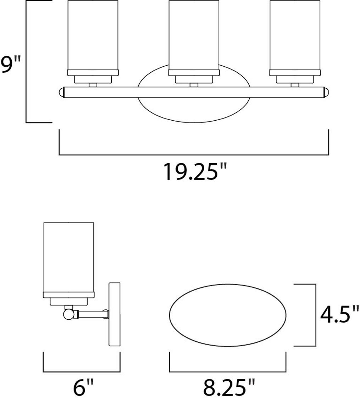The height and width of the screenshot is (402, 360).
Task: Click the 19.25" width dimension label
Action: point(195,172)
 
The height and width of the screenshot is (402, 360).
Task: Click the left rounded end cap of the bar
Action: point(61,93)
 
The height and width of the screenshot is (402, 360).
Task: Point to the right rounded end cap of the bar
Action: point(326,93)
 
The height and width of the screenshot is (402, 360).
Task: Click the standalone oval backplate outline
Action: point(229,314)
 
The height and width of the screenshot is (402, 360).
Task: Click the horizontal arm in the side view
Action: point(90,313)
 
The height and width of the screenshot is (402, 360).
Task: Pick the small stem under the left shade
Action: point(93,85)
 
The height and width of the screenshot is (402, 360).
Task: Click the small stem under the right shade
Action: point(294,85)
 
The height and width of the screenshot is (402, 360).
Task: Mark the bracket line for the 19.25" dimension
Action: point(194,155)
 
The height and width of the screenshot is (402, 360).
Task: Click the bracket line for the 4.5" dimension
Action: point(315,315)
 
